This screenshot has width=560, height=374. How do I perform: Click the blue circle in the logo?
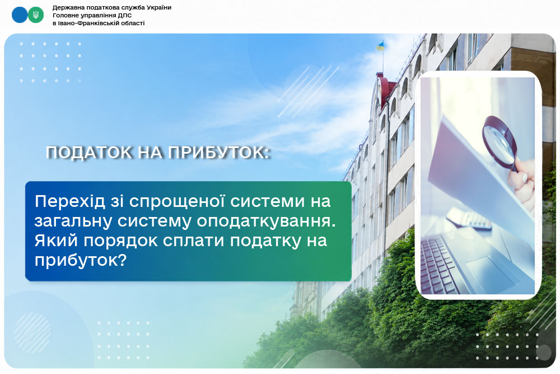[19, 15]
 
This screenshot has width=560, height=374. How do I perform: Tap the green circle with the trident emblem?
[36, 15]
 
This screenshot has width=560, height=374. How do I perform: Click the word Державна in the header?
[66, 8]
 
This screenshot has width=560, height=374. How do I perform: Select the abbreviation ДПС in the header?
[125, 15]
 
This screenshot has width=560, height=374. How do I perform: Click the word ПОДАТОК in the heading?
[89, 153]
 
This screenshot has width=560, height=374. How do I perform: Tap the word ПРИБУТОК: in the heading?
[218, 153]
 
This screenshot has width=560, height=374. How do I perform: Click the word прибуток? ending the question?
[81, 261]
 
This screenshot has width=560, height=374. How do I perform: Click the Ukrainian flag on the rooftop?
[380, 46]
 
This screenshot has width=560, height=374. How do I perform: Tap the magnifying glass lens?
[500, 140]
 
